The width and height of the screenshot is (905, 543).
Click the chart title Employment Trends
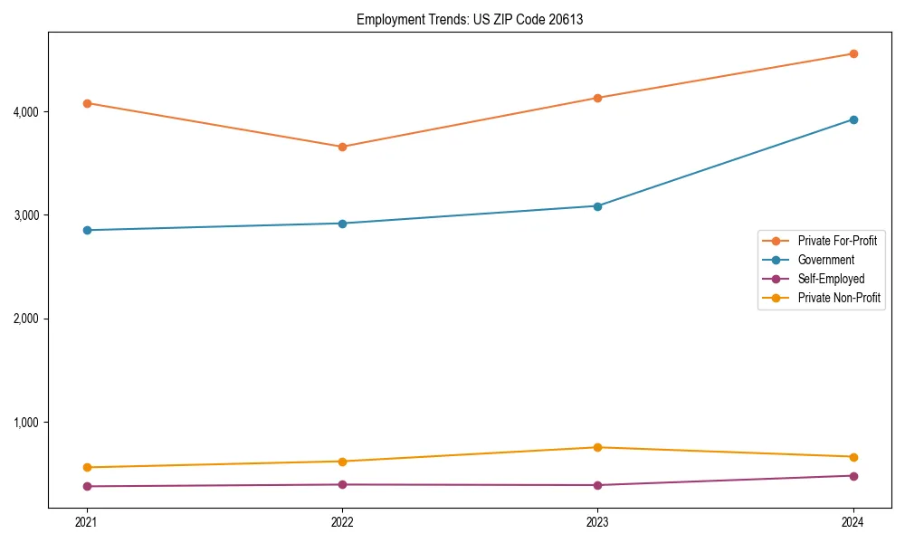pos(470,19)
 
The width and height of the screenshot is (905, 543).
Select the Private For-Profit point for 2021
pos(87,103)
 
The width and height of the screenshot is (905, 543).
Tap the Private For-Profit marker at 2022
pos(342,147)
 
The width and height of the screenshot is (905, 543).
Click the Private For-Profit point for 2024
pos(853,53)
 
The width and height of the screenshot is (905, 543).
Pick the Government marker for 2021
pos(87,230)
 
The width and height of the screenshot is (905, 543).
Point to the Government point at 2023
pos(597,206)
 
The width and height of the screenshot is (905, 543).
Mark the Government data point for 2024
pos(853,119)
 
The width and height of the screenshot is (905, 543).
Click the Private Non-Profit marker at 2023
pos(597,447)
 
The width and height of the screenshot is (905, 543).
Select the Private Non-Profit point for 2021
pos(87,467)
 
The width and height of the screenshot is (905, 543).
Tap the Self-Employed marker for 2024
pos(853,476)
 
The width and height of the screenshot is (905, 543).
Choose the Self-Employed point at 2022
pos(342,484)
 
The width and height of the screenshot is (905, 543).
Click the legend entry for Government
pos(825,260)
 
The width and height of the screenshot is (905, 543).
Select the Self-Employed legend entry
pos(831,279)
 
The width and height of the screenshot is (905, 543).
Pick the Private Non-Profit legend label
pos(839,298)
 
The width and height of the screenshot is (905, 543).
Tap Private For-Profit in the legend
pos(837,241)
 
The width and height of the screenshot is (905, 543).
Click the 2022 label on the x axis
pos(342,522)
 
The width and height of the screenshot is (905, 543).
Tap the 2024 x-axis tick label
pos(853,522)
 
